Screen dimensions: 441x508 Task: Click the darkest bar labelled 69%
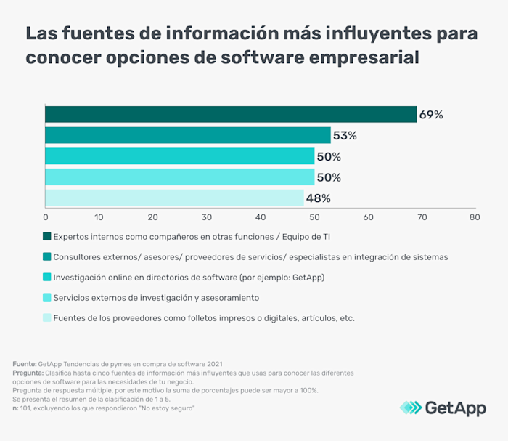(x=231, y=114)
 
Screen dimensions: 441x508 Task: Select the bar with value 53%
(x=188, y=135)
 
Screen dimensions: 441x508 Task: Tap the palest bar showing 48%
(x=174, y=198)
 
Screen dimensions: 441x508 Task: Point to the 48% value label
(x=318, y=198)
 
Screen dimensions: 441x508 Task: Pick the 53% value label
(x=345, y=136)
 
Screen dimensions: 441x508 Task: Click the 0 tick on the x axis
(x=46, y=217)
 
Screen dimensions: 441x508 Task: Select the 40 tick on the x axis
(x=260, y=217)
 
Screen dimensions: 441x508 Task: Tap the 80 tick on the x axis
(x=474, y=217)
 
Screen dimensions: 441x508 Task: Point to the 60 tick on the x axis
(x=367, y=217)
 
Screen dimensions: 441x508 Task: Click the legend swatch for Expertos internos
(x=47, y=236)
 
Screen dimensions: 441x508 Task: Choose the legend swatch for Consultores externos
(x=47, y=256)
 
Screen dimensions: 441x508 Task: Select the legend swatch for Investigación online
(x=47, y=277)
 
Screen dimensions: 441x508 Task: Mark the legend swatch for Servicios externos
(x=47, y=297)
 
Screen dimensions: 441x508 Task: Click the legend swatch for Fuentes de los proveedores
(x=47, y=317)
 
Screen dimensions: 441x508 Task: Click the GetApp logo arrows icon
(x=411, y=408)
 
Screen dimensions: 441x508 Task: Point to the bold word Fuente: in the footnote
(x=26, y=363)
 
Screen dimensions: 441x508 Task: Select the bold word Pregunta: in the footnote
(x=29, y=372)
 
